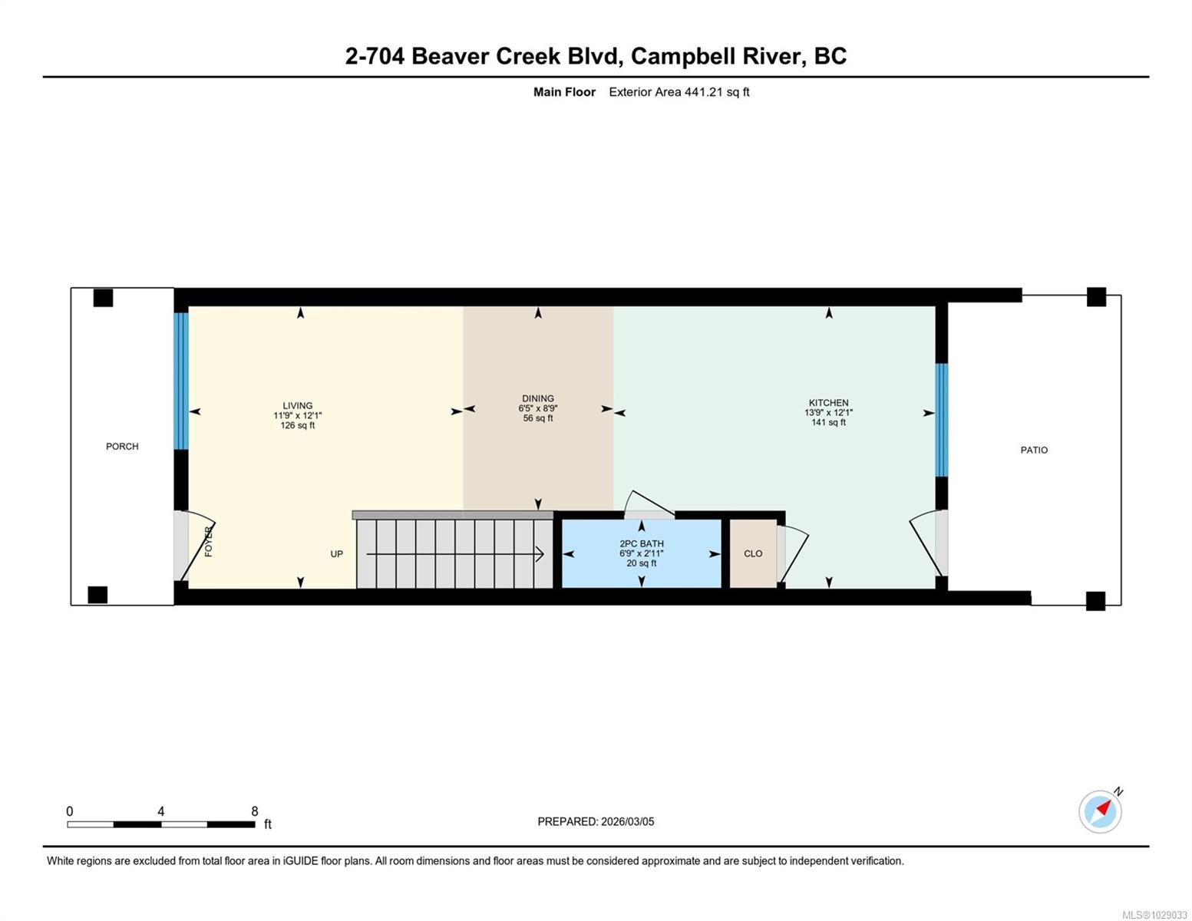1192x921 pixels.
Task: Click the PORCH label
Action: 122,446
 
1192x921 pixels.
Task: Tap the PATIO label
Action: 1033,450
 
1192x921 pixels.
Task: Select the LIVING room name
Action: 297,405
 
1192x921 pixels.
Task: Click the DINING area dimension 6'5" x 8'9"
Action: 537,408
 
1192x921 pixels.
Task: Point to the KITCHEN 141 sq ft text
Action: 828,422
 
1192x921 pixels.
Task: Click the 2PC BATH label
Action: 641,543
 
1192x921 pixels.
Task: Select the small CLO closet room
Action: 752,553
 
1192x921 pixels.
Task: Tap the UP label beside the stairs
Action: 336,553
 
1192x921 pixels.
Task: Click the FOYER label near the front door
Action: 208,541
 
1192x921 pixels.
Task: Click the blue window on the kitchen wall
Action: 941,420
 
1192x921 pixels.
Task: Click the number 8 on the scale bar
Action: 255,811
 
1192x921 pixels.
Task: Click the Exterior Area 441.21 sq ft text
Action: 679,92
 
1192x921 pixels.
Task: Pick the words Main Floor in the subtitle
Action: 564,92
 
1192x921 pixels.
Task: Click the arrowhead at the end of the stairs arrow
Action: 540,553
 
